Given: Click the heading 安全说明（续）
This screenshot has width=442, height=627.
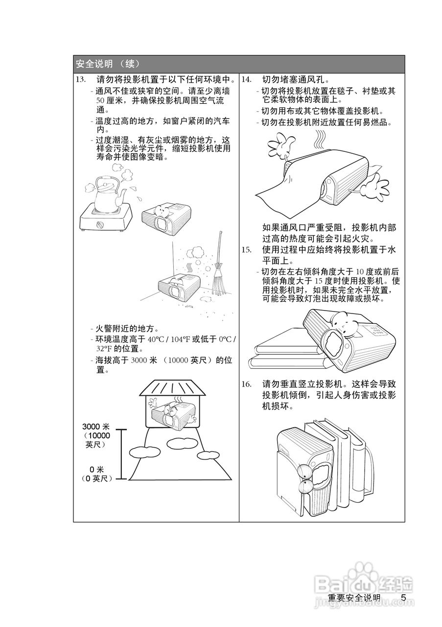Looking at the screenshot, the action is pos(108,64).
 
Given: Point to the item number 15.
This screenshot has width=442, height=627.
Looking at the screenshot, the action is pos(246,250).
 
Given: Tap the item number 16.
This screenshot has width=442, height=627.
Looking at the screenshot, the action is pos(246,384).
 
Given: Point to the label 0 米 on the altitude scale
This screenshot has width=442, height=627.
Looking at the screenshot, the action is pos(96,469).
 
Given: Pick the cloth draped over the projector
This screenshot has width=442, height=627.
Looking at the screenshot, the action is pos(289,186).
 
